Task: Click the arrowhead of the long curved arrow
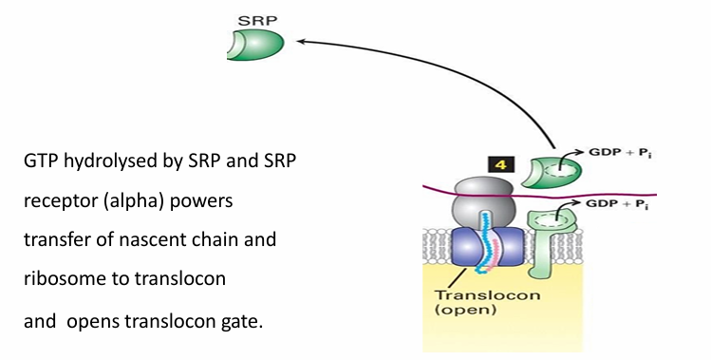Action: click(x=301, y=41)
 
